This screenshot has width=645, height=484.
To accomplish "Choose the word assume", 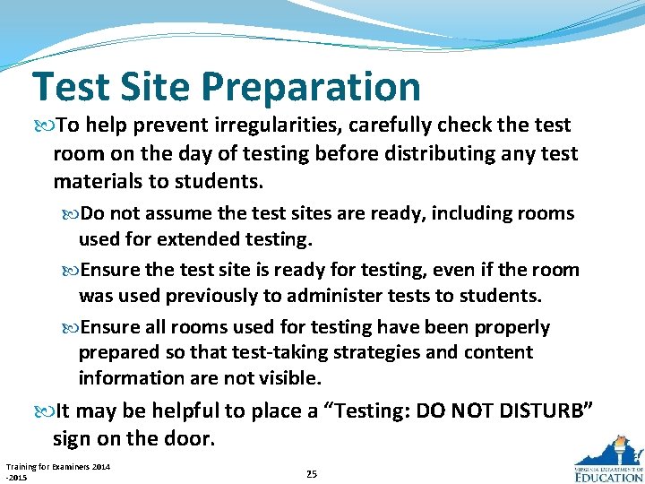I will point(180,214).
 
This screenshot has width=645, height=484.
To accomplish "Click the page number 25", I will point(311,473).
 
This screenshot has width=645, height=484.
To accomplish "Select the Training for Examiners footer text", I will point(57,471).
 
